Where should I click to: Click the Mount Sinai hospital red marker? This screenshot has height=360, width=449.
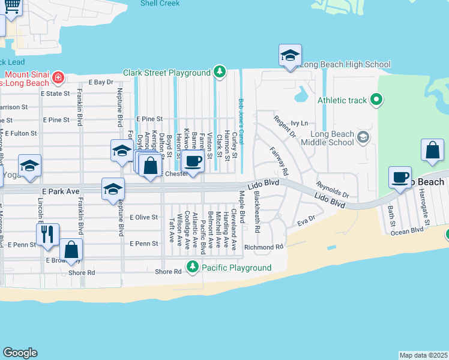coord(58,77)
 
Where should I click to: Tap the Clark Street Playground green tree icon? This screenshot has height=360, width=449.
coord(220,73)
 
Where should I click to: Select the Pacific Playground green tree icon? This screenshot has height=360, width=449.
coord(193,267)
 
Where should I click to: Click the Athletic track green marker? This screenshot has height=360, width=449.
coord(376,100)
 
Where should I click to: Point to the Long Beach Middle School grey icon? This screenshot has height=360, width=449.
coord(363,138)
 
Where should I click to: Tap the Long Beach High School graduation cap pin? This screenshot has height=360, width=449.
coord(290,56)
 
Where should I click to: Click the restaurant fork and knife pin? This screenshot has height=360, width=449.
coord(47,234)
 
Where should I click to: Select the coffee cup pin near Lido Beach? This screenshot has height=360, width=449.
coord(400,178)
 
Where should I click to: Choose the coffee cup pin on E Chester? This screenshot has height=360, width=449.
coord(193,162)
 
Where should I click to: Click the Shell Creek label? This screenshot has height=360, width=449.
coord(160,4)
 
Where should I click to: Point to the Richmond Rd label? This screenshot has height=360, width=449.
coord(263,247)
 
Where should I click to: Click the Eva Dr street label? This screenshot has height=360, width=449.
coord(306,221)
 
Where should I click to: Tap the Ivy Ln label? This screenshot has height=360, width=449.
coord(299,123)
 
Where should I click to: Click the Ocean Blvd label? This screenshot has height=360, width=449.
coord(408,231)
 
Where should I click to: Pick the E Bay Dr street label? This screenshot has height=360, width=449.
coord(101,82)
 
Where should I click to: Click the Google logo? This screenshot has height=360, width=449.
coord(20,353)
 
